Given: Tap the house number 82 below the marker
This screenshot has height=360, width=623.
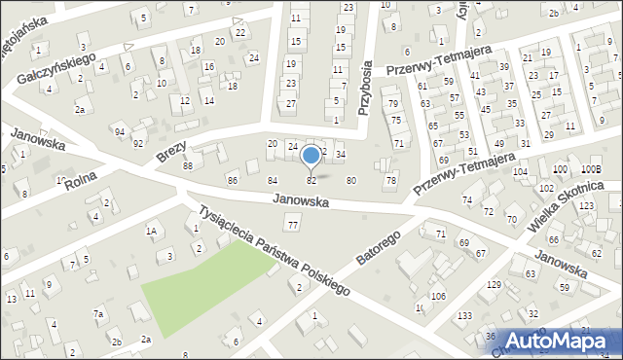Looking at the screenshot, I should [311, 181].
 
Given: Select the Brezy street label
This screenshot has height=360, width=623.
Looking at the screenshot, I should [170, 151].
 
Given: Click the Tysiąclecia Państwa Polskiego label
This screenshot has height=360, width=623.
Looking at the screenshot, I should [273, 250].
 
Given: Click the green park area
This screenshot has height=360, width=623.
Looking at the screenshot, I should [204, 284].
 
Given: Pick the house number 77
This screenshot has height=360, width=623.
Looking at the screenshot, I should [293, 226].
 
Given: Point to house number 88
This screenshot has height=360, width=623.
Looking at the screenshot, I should [187, 166].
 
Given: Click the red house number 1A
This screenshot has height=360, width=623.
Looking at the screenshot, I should [151, 231].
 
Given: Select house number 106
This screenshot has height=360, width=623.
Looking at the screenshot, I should [438, 296].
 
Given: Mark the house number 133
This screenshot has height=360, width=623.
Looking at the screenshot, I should [466, 316].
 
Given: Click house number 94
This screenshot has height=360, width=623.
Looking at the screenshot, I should [119, 131].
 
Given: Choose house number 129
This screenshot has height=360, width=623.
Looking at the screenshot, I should [495, 284].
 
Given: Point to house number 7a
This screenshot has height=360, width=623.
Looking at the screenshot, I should [98, 313].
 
